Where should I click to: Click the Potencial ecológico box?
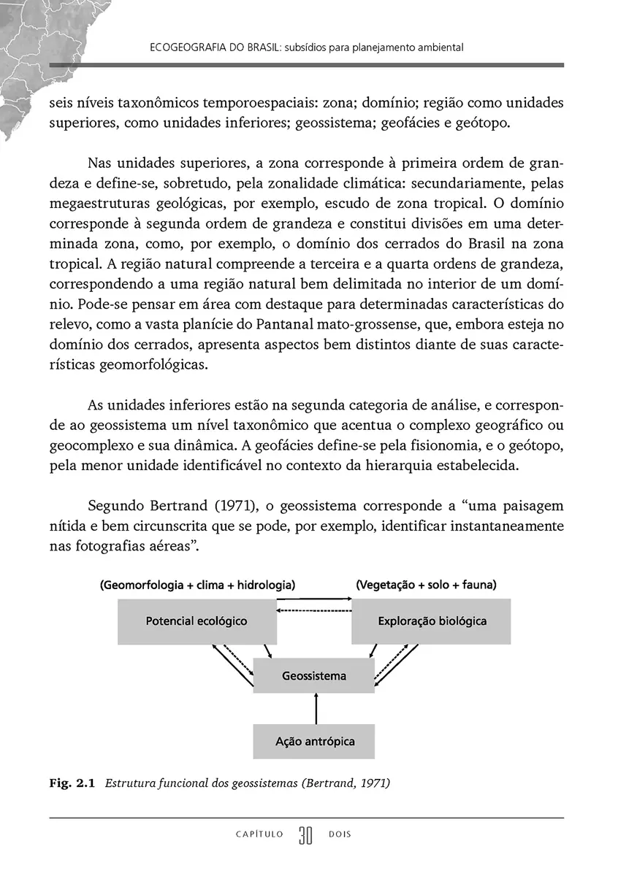point(197,621)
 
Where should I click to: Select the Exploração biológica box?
point(432,621)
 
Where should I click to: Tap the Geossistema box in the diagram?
point(314,676)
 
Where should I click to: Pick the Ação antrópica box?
point(314,742)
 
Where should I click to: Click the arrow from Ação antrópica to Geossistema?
point(316,709)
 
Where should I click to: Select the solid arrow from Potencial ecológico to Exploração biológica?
point(314,600)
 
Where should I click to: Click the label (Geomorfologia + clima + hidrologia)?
point(197,585)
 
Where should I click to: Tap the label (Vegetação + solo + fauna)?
point(427,585)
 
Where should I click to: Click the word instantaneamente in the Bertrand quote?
point(507,526)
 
